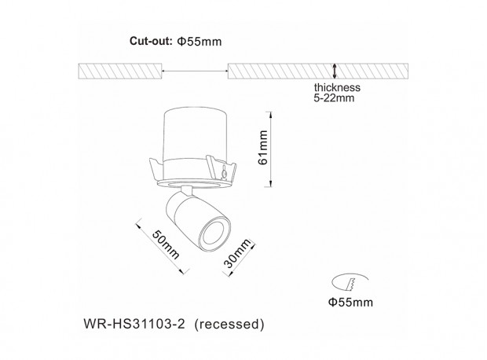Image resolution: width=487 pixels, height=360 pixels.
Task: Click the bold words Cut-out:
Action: (151, 41)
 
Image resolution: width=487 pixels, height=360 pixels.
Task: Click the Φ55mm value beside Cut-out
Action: (200, 42)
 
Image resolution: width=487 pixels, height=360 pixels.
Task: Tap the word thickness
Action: (337, 87)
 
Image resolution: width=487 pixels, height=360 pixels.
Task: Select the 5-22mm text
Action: (334, 98)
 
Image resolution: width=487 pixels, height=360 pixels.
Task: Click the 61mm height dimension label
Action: (262, 147)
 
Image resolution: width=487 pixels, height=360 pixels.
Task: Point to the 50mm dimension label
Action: (166, 244)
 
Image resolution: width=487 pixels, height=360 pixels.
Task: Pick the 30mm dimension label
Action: (237, 253)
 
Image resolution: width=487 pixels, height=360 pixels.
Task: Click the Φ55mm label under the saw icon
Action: (350, 302)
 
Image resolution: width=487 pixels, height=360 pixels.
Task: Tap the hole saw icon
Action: (350, 282)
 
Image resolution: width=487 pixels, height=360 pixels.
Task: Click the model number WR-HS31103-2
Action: (134, 324)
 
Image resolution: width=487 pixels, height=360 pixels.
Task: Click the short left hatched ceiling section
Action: (120, 72)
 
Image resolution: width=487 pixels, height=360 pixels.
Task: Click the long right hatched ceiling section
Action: (318, 72)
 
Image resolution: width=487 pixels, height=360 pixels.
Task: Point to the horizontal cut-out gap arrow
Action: (195, 72)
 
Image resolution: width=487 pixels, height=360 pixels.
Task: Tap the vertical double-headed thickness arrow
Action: (335, 71)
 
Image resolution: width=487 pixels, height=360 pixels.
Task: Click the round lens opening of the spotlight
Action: (215, 234)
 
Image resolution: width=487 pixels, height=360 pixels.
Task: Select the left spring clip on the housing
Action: (156, 171)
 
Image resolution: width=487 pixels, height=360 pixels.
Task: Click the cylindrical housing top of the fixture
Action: (196, 135)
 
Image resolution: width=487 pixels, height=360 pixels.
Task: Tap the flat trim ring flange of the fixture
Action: (195, 185)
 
